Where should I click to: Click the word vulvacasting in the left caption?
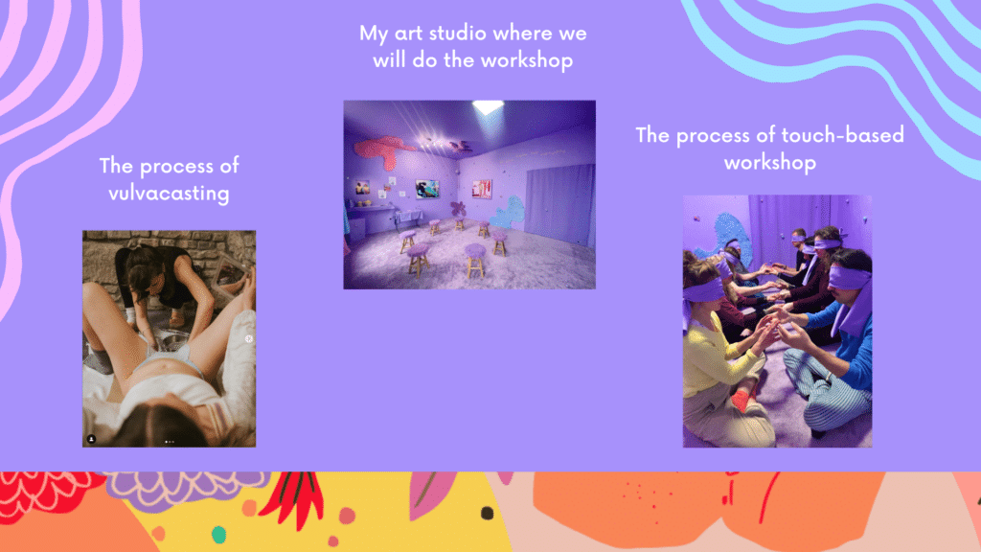click(169, 194)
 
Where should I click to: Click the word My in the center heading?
click(374, 34)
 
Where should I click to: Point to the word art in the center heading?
click(408, 34)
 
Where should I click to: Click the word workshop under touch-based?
click(770, 163)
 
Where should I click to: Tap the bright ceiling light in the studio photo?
click(488, 107)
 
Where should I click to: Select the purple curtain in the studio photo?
click(559, 203)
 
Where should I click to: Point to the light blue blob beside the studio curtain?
click(510, 213)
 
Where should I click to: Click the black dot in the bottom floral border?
click(487, 514)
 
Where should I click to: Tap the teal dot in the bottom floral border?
click(218, 535)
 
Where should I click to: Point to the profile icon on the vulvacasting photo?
click(91, 439)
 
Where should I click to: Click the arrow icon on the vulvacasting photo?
click(249, 338)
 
